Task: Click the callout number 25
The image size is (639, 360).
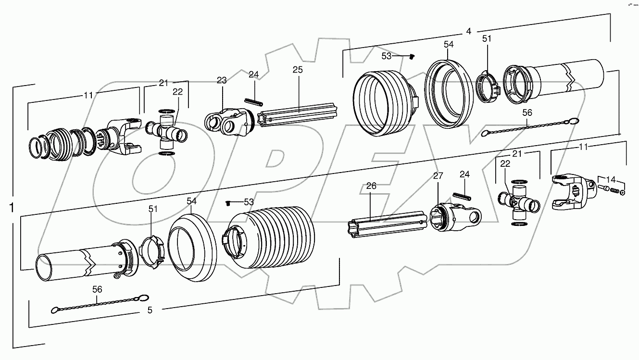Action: [298, 70]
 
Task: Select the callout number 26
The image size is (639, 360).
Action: [371, 186]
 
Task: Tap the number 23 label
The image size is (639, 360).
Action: [221, 81]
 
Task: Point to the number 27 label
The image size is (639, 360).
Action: [438, 176]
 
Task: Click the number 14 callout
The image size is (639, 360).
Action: [611, 177]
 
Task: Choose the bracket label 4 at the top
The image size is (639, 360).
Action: [468, 32]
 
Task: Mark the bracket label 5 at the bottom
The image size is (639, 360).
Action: [150, 310]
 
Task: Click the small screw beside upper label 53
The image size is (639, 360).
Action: [412, 57]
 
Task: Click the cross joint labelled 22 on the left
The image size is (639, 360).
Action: [166, 131]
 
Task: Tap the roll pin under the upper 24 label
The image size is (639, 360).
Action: [255, 100]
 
